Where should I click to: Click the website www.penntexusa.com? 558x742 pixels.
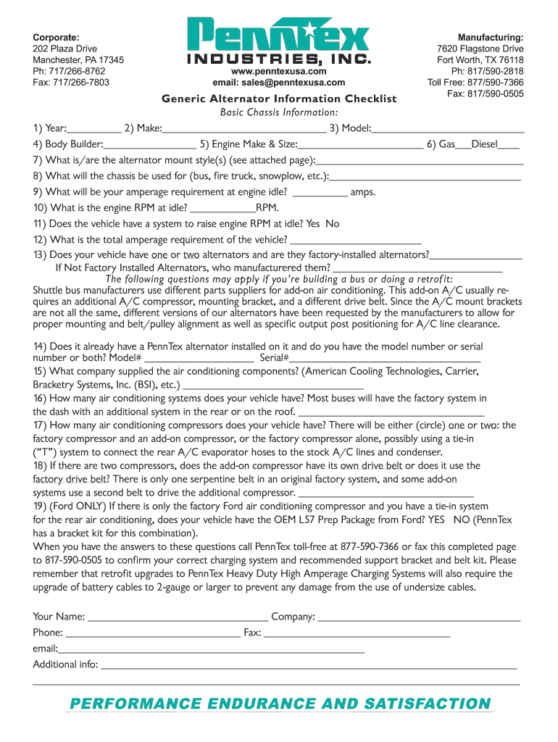pyautogui.click(x=278, y=72)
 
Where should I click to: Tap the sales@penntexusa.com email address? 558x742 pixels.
pyautogui.click(x=278, y=83)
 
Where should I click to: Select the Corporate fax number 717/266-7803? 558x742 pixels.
pyautogui.click(x=71, y=83)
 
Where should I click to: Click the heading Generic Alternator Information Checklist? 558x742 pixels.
pyautogui.click(x=278, y=99)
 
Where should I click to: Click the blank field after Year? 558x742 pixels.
pyautogui.click(x=94, y=129)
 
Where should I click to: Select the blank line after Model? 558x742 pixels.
pyautogui.click(x=448, y=129)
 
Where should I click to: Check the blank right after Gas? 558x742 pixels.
pyautogui.click(x=463, y=145)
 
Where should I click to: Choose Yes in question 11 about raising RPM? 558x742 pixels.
pyautogui.click(x=313, y=224)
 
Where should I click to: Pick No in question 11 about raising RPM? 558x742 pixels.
pyautogui.click(x=333, y=224)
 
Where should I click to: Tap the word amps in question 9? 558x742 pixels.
pyautogui.click(x=362, y=192)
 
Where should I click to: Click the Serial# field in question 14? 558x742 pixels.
pyautogui.click(x=385, y=357)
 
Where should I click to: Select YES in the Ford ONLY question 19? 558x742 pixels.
pyautogui.click(x=437, y=520)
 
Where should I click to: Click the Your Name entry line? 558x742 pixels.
pyautogui.click(x=178, y=617)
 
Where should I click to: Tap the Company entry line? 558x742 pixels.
pyautogui.click(x=419, y=617)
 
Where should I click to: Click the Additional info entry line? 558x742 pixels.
pyautogui.click(x=309, y=664)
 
